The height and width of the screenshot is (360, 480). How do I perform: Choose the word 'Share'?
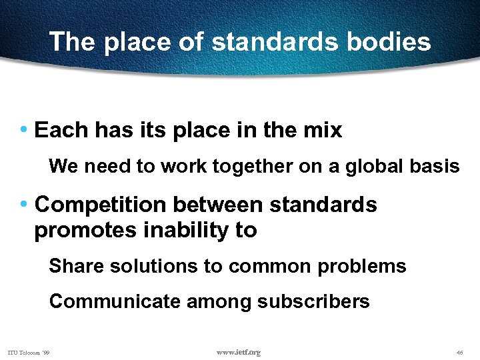point(73,266)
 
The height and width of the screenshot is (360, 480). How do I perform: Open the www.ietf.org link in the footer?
point(239,351)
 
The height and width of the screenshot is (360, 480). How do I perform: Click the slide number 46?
point(459,352)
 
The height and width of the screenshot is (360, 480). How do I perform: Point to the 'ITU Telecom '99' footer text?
point(31,352)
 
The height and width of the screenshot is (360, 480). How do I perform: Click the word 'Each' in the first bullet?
point(61,130)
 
